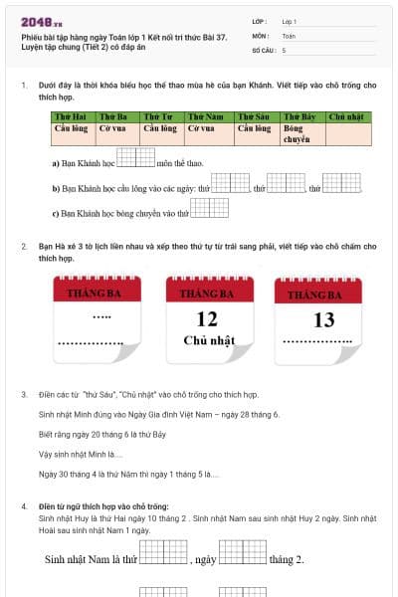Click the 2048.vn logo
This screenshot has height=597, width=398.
pyautogui.click(x=39, y=22)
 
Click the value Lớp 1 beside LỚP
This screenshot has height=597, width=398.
pyautogui.click(x=290, y=21)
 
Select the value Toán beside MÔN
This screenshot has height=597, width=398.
pyautogui.click(x=289, y=35)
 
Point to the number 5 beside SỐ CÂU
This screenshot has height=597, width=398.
pyautogui.click(x=285, y=49)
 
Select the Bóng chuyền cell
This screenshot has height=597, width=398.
pyautogui.click(x=299, y=133)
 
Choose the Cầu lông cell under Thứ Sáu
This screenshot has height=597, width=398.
pyautogui.click(x=255, y=128)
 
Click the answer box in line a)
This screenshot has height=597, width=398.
pyautogui.click(x=136, y=157)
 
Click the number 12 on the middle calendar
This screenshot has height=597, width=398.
pyautogui.click(x=207, y=319)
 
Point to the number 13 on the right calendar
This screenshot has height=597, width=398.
pyautogui.click(x=324, y=320)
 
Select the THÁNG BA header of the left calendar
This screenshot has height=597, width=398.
pyautogui.click(x=91, y=295)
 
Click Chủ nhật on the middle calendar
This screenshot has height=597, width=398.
pyautogui.click(x=208, y=341)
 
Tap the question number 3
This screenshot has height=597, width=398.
pyautogui.click(x=24, y=394)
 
